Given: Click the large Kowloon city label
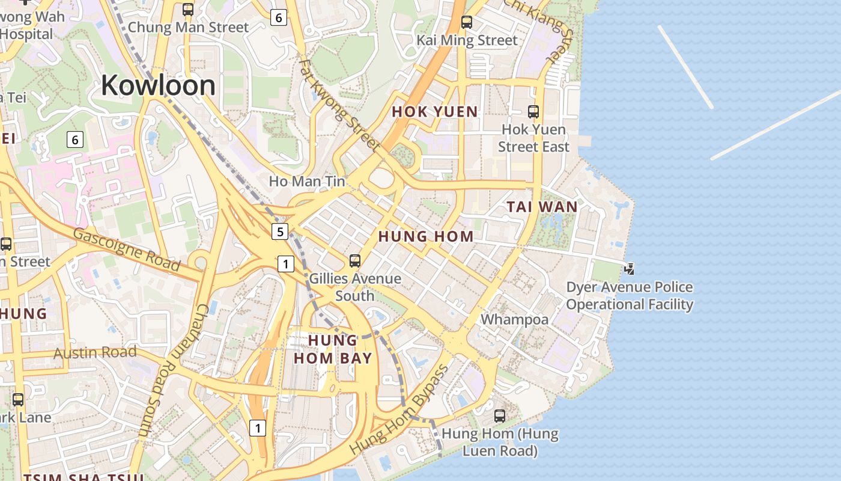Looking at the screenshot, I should click(x=158, y=85).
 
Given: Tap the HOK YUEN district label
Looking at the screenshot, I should click(x=435, y=112).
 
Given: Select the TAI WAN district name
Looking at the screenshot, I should click(x=542, y=207).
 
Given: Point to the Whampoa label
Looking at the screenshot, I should click(x=515, y=319).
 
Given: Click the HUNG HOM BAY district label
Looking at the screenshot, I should click(x=333, y=349).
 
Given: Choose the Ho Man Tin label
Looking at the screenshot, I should click(x=307, y=181).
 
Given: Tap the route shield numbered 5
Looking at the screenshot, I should click(x=279, y=231).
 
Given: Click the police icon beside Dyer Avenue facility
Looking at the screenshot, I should click(x=629, y=269).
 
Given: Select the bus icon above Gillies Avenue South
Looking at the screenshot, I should click(x=355, y=261).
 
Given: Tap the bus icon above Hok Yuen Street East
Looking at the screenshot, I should click(x=533, y=111).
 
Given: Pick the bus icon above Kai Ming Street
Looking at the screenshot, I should click(x=467, y=22).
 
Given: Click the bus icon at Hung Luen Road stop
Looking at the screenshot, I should click(x=499, y=415).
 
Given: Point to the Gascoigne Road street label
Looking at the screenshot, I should click(x=127, y=250).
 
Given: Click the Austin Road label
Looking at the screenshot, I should click(x=95, y=352).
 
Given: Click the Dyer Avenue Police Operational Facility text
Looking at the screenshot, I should click(x=629, y=296).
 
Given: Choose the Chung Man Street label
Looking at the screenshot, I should click(x=188, y=27).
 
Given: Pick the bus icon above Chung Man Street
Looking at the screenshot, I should click(x=188, y=10).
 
